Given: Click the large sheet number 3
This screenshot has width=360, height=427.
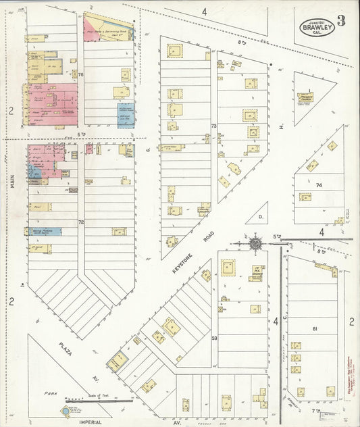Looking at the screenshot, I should (x=342, y=20).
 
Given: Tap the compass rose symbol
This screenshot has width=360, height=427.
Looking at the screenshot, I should (x=256, y=243).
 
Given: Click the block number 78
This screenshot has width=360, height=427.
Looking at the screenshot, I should (x=80, y=74).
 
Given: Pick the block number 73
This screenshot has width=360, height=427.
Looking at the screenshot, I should (x=213, y=126).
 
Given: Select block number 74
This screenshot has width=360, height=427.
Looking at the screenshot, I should (x=318, y=184).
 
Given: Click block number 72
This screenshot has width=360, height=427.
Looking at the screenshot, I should (x=80, y=222).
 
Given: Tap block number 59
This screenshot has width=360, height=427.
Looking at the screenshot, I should (x=213, y=338).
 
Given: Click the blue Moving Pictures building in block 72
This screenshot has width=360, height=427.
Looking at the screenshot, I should (x=46, y=231).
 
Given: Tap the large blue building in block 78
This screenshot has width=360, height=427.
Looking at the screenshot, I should (x=126, y=115).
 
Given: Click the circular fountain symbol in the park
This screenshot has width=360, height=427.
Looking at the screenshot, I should (x=66, y=411).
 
